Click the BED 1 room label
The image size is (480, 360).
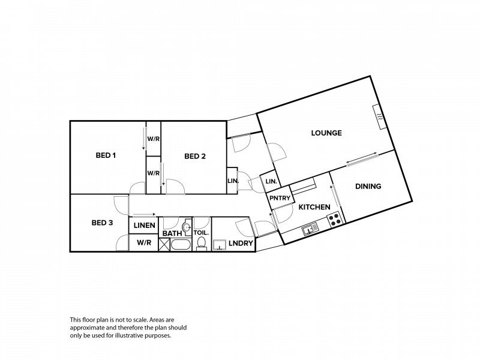[x=106, y=155]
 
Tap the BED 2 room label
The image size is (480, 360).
[x=195, y=156]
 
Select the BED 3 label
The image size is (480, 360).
[x=102, y=223]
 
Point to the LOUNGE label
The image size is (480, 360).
[x=326, y=133]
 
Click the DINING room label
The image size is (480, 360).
[x=368, y=186]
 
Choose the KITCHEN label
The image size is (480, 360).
[x=314, y=207]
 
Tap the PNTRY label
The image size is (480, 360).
[x=280, y=198]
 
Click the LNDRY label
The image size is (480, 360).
[x=241, y=243]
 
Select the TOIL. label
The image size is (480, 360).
[x=201, y=233]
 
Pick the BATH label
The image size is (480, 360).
[x=172, y=233]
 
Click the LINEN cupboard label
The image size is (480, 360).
[x=145, y=226]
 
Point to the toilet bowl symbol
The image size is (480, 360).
[x=201, y=244]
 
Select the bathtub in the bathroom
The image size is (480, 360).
[x=181, y=245]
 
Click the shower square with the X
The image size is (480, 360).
[x=164, y=245]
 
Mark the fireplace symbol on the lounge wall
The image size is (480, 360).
[x=379, y=116]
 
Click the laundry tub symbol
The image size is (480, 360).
[x=219, y=245]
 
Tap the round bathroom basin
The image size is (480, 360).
[x=187, y=227]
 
